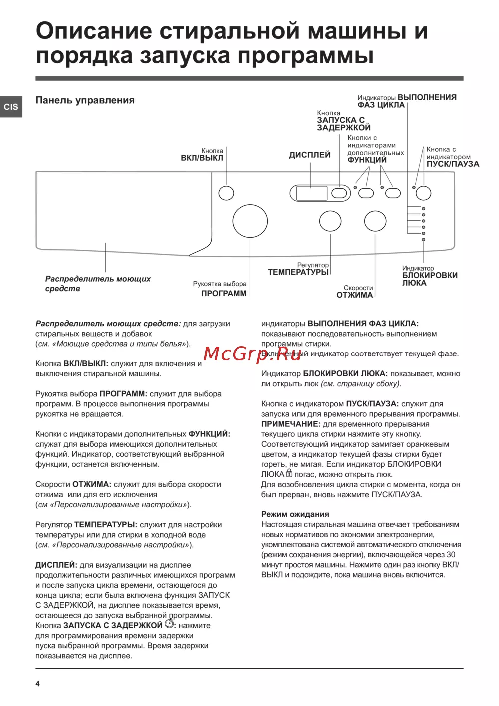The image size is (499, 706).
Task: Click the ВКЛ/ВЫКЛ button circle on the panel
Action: pyautogui.click(x=226, y=193)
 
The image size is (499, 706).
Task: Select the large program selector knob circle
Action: pyautogui.click(x=250, y=221)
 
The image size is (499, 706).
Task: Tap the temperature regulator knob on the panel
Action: pyautogui.click(x=330, y=221)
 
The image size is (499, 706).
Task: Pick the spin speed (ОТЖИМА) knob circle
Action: pyautogui.click(x=375, y=221)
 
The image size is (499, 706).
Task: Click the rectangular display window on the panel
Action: pyautogui.click(x=312, y=193)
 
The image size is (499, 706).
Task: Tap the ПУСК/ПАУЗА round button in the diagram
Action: pyautogui.click(x=424, y=193)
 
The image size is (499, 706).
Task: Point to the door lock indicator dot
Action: pyautogui.click(x=424, y=240)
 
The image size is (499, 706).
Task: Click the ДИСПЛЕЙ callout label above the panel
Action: pyautogui.click(x=310, y=155)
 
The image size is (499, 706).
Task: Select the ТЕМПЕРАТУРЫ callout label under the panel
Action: pyautogui.click(x=298, y=272)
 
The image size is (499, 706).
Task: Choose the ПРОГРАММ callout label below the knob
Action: pyautogui.click(x=224, y=294)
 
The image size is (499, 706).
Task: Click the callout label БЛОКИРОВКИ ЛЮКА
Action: pyautogui.click(x=429, y=279)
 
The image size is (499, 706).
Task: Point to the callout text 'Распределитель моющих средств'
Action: pyautogui.click(x=98, y=284)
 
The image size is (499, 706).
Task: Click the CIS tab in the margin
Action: pyautogui.click(x=11, y=107)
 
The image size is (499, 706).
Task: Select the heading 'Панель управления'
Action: pyautogui.click(x=85, y=100)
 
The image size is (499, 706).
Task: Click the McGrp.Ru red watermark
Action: pyautogui.click(x=253, y=353)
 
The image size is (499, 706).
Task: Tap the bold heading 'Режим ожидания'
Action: pyautogui.click(x=295, y=514)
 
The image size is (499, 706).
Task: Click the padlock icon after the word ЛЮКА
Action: pyautogui.click(x=289, y=473)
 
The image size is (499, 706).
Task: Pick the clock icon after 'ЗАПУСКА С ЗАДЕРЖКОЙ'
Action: pyautogui.click(x=169, y=624)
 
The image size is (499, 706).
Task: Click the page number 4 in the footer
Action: pyautogui.click(x=37, y=684)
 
